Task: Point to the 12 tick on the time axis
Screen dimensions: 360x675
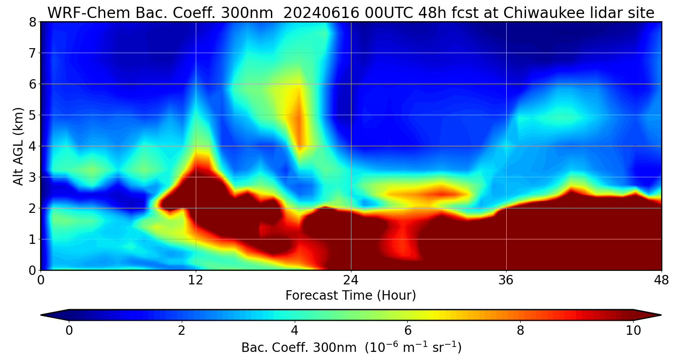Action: pos(196,280)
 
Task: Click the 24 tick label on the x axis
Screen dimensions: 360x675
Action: pos(351,280)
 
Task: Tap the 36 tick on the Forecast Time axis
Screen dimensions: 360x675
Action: pos(506,280)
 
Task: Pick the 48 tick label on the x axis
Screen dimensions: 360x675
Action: pos(661,280)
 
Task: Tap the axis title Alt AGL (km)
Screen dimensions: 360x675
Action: pos(18,146)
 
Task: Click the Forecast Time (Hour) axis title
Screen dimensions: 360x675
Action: pos(351,296)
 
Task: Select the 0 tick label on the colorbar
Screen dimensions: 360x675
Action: pos(69,331)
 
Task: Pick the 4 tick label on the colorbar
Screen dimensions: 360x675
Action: pos(295,331)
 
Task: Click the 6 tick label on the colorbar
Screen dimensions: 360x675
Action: pos(408,331)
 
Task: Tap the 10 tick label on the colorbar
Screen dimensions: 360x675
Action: pos(633,331)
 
